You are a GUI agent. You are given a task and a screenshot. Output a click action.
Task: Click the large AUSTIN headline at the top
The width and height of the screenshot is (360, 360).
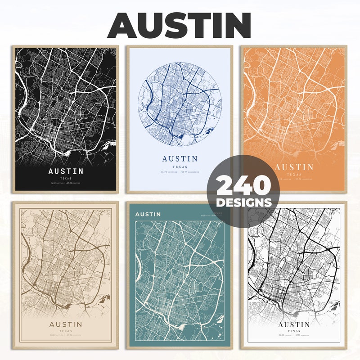coord(179,25)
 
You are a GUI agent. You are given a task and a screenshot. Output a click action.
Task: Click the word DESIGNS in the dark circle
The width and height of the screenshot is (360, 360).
coord(243,202)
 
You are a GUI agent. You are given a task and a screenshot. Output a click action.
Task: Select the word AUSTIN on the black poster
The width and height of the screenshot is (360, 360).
coord(66,171)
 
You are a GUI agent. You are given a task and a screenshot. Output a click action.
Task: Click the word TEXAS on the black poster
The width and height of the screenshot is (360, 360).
coord(66,179)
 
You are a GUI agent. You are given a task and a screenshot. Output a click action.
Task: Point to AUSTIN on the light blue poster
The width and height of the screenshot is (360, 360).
coord(180,158)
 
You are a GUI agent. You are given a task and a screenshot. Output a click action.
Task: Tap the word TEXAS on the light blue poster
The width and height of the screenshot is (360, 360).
coord(180,166)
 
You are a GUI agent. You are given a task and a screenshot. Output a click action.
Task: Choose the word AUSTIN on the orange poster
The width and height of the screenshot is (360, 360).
coord(294,167)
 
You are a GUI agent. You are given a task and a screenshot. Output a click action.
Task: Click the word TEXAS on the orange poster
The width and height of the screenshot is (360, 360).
coord(294,174)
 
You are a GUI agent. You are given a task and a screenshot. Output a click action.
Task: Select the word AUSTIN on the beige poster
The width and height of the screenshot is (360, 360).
coord(66,324)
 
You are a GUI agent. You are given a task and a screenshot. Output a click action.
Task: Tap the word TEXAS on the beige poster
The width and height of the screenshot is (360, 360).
coord(66,331)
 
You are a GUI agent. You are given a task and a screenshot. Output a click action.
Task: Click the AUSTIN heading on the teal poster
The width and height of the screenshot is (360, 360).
coord(148,214)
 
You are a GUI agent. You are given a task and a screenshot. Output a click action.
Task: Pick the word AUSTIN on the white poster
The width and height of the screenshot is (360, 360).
coord(294,324)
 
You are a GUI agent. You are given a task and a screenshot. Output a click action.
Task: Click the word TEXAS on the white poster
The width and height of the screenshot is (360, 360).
coord(294,331)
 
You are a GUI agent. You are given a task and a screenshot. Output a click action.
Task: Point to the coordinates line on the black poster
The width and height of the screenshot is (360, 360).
coord(66,184)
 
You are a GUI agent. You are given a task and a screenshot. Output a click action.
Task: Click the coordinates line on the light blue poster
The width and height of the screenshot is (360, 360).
coord(180,172)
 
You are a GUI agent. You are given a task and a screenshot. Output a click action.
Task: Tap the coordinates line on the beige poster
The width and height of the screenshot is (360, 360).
coord(66,335)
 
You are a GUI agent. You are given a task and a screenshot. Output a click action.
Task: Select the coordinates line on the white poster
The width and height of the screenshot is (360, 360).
coord(294,335)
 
